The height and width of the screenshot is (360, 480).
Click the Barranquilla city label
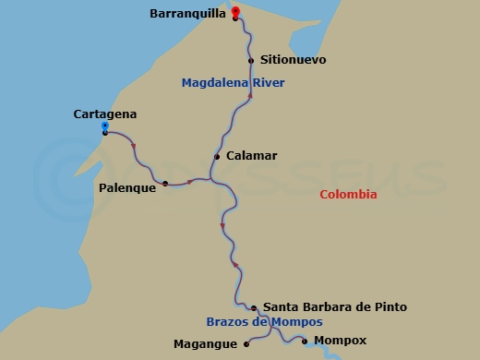pyautogui.click(x=187, y=14)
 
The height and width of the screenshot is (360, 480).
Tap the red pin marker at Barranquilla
pyautogui.click(x=235, y=12)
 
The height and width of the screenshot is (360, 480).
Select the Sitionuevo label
pyautogui.click(x=294, y=60)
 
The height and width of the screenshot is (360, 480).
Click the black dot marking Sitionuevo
pyautogui.click(x=251, y=61)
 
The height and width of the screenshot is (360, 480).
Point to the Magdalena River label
pyautogui.click(x=233, y=83)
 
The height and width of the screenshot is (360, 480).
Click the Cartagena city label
pyautogui.click(x=104, y=114)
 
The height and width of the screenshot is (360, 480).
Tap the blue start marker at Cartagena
pyautogui.click(x=105, y=126)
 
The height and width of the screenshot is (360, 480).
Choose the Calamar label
pyautogui.click(x=251, y=156)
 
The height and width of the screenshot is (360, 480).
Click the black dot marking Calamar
pyautogui.click(x=217, y=157)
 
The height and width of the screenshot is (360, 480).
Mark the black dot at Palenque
pyautogui.click(x=165, y=184)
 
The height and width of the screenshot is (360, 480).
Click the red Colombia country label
pyautogui.click(x=348, y=195)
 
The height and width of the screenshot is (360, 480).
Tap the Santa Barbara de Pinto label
pyautogui.click(x=335, y=306)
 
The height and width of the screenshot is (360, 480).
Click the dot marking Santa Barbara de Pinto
pyautogui.click(x=254, y=307)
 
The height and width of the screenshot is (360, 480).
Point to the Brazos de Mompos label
pyautogui.click(x=264, y=322)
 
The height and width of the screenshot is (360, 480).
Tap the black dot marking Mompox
pyautogui.click(x=306, y=341)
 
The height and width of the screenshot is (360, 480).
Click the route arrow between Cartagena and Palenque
pyautogui.click(x=135, y=146)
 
